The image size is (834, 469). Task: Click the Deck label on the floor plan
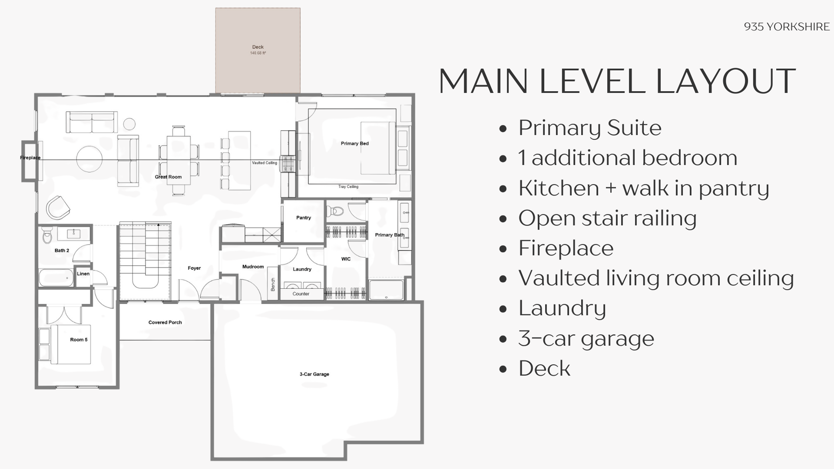(258, 47)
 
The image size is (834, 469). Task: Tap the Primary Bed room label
(355, 143)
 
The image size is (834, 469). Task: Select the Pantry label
(304, 218)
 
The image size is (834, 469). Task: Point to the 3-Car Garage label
(314, 374)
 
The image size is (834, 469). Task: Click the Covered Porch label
(165, 322)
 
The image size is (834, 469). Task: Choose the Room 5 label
(79, 340)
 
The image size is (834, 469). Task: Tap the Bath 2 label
(62, 250)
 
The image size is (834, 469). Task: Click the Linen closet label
(83, 274)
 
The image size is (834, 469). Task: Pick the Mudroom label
(253, 267)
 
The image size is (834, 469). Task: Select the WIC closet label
(346, 259)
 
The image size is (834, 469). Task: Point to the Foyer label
(194, 268)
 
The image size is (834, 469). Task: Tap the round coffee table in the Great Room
(89, 159)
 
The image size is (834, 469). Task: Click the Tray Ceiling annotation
(348, 187)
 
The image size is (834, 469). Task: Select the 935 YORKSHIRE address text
(787, 26)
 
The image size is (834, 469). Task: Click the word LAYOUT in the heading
(725, 81)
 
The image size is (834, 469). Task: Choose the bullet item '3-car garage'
(586, 338)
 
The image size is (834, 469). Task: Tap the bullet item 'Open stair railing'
(607, 218)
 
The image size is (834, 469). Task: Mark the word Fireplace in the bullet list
(566, 248)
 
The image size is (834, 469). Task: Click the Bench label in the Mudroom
(273, 284)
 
